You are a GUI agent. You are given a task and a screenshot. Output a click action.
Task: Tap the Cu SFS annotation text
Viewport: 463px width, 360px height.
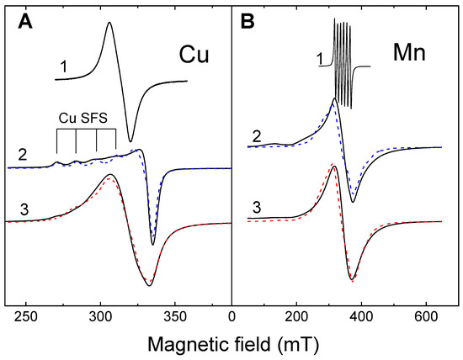(x=86, y=119)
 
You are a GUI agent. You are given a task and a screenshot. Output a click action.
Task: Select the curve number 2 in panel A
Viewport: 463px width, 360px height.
(x=21, y=153)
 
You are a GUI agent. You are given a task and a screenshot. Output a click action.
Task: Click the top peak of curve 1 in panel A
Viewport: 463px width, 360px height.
(x=109, y=23)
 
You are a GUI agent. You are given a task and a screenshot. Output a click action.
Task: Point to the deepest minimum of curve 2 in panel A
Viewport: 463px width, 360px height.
(x=152, y=244)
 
